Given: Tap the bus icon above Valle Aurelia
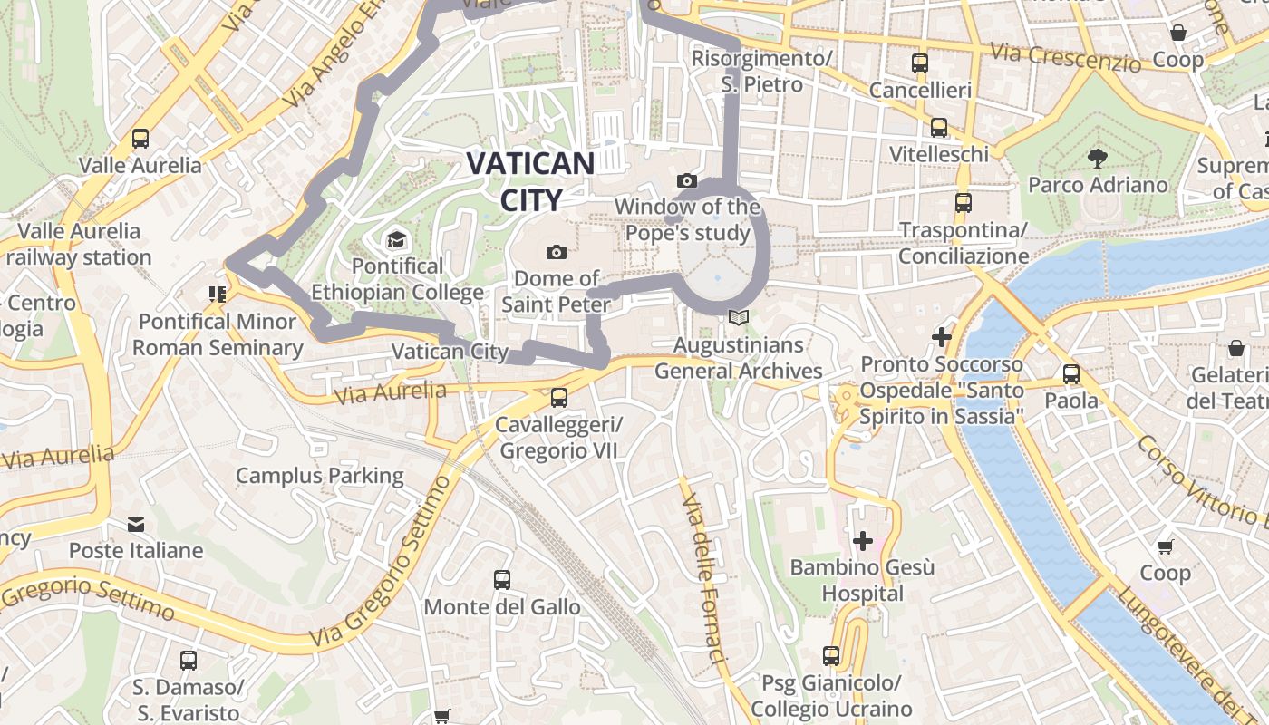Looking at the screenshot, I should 140,139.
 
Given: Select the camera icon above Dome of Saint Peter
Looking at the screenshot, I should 557,251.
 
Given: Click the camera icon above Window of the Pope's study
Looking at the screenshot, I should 687,180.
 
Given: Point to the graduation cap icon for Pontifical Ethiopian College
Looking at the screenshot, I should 396,240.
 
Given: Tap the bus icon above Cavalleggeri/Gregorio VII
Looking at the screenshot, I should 559,397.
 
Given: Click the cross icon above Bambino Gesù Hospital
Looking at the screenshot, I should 862,541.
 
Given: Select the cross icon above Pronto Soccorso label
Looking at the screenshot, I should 942,337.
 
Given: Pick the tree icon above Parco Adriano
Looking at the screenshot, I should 1097,159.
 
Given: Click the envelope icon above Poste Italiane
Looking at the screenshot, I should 136,524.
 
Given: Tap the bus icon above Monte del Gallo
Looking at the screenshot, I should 502,579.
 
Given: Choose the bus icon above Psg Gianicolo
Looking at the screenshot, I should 831,655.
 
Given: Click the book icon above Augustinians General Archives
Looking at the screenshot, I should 739,318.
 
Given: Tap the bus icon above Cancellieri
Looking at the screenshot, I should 920,63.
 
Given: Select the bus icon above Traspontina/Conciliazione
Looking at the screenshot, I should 964,202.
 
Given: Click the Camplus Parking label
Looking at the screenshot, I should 320,476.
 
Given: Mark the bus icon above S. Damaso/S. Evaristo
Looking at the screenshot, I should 188,660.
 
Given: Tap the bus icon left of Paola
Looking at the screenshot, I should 1071,373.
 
